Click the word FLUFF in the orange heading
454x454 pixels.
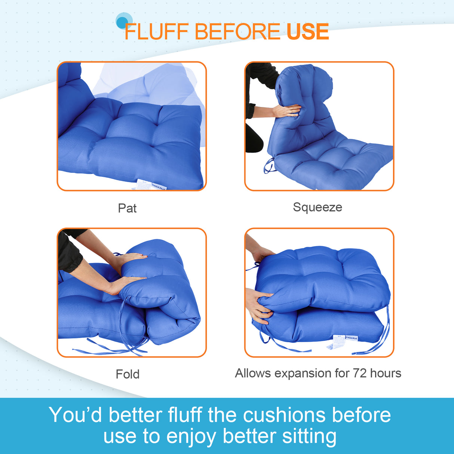click(x=156, y=31)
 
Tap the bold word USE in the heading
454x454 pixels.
click(x=307, y=31)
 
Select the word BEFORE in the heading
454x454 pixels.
click(x=237, y=31)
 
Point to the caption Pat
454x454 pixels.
click(x=127, y=208)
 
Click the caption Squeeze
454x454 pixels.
click(x=317, y=207)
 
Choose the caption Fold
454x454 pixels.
click(x=128, y=374)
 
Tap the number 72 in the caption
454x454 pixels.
click(x=359, y=373)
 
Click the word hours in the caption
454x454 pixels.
click(x=386, y=373)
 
